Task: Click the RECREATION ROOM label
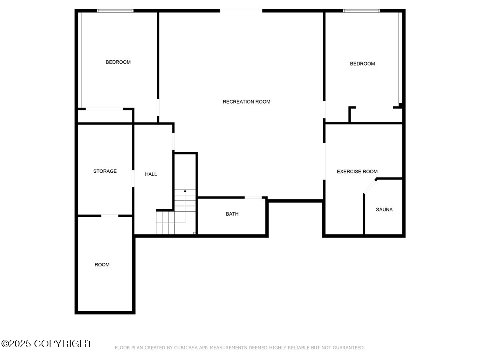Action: tap(246, 102)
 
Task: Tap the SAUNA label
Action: tap(384, 210)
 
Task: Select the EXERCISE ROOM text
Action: tap(357, 172)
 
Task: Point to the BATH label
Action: tap(232, 214)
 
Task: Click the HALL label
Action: tap(151, 174)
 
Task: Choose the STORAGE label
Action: tap(105, 171)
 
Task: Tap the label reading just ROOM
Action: tap(102, 265)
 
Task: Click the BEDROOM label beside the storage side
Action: tap(118, 62)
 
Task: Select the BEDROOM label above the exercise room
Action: tap(362, 64)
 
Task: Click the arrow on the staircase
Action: tap(185, 192)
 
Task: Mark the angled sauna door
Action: tap(370, 187)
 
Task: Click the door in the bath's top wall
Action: tap(253, 197)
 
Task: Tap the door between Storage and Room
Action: tap(110, 216)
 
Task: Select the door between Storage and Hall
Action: tap(133, 178)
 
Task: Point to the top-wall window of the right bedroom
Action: tap(361, 11)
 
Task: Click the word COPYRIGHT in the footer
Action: tap(62, 344)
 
